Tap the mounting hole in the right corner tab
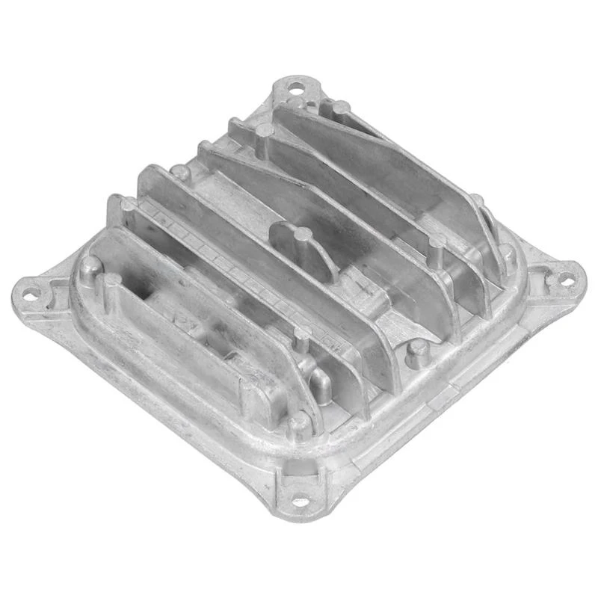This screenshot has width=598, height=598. [566, 281]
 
